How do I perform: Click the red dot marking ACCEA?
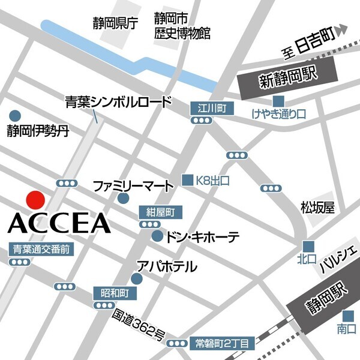[x=35, y=200]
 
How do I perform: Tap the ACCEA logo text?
[x=60, y=223]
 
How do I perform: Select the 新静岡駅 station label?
[x=280, y=80]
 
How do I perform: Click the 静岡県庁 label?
[x=115, y=23]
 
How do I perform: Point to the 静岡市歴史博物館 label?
[x=182, y=27]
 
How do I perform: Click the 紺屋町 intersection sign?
[x=159, y=212]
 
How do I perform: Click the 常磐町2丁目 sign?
[x=221, y=343]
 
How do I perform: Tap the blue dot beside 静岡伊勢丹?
[x=14, y=115]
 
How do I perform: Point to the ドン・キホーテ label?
[x=203, y=236]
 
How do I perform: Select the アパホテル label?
[x=167, y=266]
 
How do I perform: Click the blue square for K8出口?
[x=188, y=179]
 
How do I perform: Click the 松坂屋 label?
[x=317, y=208]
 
